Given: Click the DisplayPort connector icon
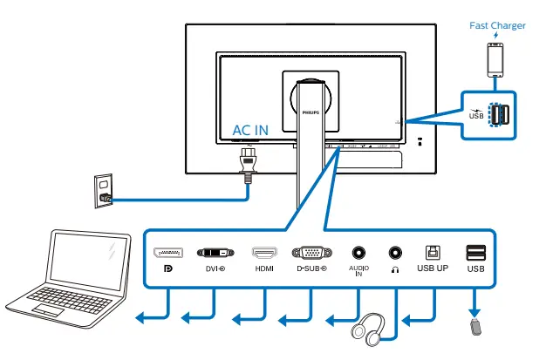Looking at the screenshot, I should coord(168,253).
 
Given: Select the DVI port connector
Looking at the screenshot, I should coord(215,253).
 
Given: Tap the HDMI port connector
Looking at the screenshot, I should coord(264,253).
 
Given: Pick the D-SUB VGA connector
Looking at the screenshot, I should coord(311,253).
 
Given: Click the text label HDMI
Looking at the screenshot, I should coord(264,269).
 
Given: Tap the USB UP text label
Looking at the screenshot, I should coord(433,268).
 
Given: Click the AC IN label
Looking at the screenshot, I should coord(250,131).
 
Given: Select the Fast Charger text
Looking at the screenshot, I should coord(497,25).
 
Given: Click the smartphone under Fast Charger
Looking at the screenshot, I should coord(496,58).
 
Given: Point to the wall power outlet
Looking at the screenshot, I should coord(104,188).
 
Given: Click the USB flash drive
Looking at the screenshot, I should coord(475,329).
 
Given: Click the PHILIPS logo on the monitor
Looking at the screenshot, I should coord(311,112).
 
